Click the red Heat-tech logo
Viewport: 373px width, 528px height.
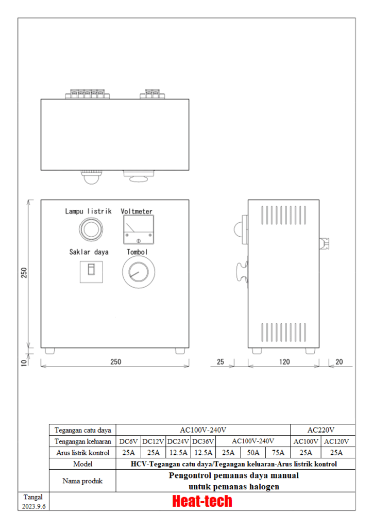pos(202,501)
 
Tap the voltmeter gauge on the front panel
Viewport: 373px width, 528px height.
pos(139,229)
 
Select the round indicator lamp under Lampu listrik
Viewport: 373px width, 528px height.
pos(91,229)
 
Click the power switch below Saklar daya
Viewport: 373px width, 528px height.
pos(91,272)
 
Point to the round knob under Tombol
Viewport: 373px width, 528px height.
pos(139,272)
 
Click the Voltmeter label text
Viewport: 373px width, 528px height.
pos(137,211)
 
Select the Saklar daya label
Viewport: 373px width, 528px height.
pos(89,252)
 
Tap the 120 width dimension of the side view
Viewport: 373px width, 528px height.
pos(284,361)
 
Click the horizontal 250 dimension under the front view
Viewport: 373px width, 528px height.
pos(116,361)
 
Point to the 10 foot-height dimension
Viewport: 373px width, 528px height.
pos(24,362)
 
